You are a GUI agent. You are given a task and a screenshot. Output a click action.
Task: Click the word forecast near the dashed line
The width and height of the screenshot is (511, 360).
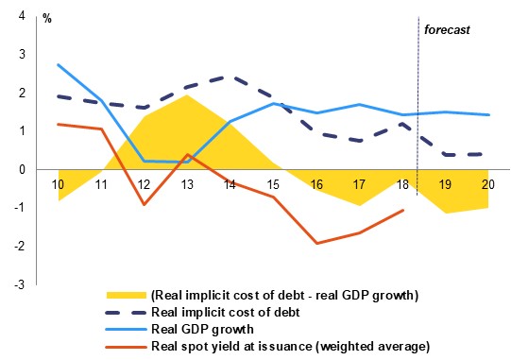447,29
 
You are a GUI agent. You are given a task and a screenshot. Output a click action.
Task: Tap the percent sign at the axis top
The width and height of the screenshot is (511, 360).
47,19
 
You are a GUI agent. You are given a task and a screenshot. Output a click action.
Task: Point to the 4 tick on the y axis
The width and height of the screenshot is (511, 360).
22,16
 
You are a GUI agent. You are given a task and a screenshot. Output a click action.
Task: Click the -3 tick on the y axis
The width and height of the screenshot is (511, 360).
20,284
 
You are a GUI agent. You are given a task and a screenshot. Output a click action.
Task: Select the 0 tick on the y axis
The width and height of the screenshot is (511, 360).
22,169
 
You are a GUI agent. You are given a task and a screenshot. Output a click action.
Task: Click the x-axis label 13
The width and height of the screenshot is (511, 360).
187,184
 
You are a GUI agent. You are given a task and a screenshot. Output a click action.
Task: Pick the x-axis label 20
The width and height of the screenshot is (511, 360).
488,184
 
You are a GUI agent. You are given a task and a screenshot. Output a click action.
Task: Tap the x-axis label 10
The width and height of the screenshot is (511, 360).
58,184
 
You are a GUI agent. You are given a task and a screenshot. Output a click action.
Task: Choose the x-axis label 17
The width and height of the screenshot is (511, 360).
359,184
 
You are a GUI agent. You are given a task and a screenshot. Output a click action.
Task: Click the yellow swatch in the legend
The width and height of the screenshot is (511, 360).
127,295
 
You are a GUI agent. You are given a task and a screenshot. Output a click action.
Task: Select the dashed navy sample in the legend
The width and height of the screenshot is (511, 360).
127,313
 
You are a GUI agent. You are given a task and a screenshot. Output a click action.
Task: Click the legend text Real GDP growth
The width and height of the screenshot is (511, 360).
202,329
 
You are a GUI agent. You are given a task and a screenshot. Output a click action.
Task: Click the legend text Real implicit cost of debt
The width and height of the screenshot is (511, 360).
226,312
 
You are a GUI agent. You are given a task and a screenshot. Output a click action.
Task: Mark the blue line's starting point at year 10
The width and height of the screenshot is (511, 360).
58,64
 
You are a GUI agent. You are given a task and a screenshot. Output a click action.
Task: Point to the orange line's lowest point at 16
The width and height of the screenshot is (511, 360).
316,243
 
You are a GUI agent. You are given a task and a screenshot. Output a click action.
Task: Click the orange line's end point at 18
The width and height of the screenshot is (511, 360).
403,211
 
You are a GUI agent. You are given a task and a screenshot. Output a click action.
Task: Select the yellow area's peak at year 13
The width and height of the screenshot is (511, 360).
187,94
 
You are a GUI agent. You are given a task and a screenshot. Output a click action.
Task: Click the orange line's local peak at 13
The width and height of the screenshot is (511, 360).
187,154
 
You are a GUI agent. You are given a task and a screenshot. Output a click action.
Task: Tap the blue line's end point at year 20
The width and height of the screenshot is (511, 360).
489,114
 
